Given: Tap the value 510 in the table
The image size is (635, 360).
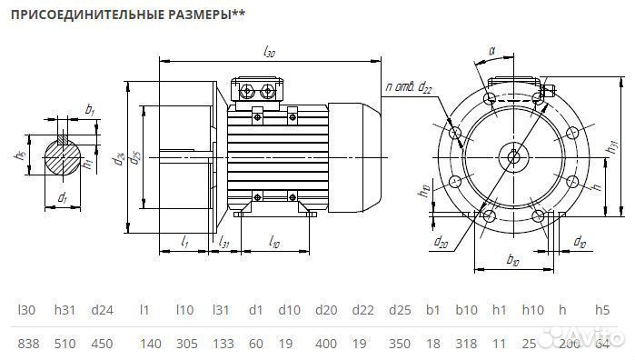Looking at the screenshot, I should [65, 343].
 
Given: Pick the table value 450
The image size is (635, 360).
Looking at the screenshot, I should [102, 343].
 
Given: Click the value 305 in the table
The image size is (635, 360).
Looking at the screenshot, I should [184, 343].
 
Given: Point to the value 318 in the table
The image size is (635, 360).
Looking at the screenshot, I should [467, 343].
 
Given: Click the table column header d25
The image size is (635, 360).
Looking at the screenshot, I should [399, 310].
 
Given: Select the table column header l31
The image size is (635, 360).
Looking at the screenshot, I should [220, 310].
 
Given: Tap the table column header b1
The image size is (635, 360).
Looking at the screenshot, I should [432, 310].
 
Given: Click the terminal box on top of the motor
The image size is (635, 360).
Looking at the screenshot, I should [259, 90].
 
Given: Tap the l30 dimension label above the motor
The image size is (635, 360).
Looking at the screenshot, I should [269, 54].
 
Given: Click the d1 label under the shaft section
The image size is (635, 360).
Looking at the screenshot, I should [62, 197].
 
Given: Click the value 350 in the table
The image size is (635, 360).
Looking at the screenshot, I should [399, 343].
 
